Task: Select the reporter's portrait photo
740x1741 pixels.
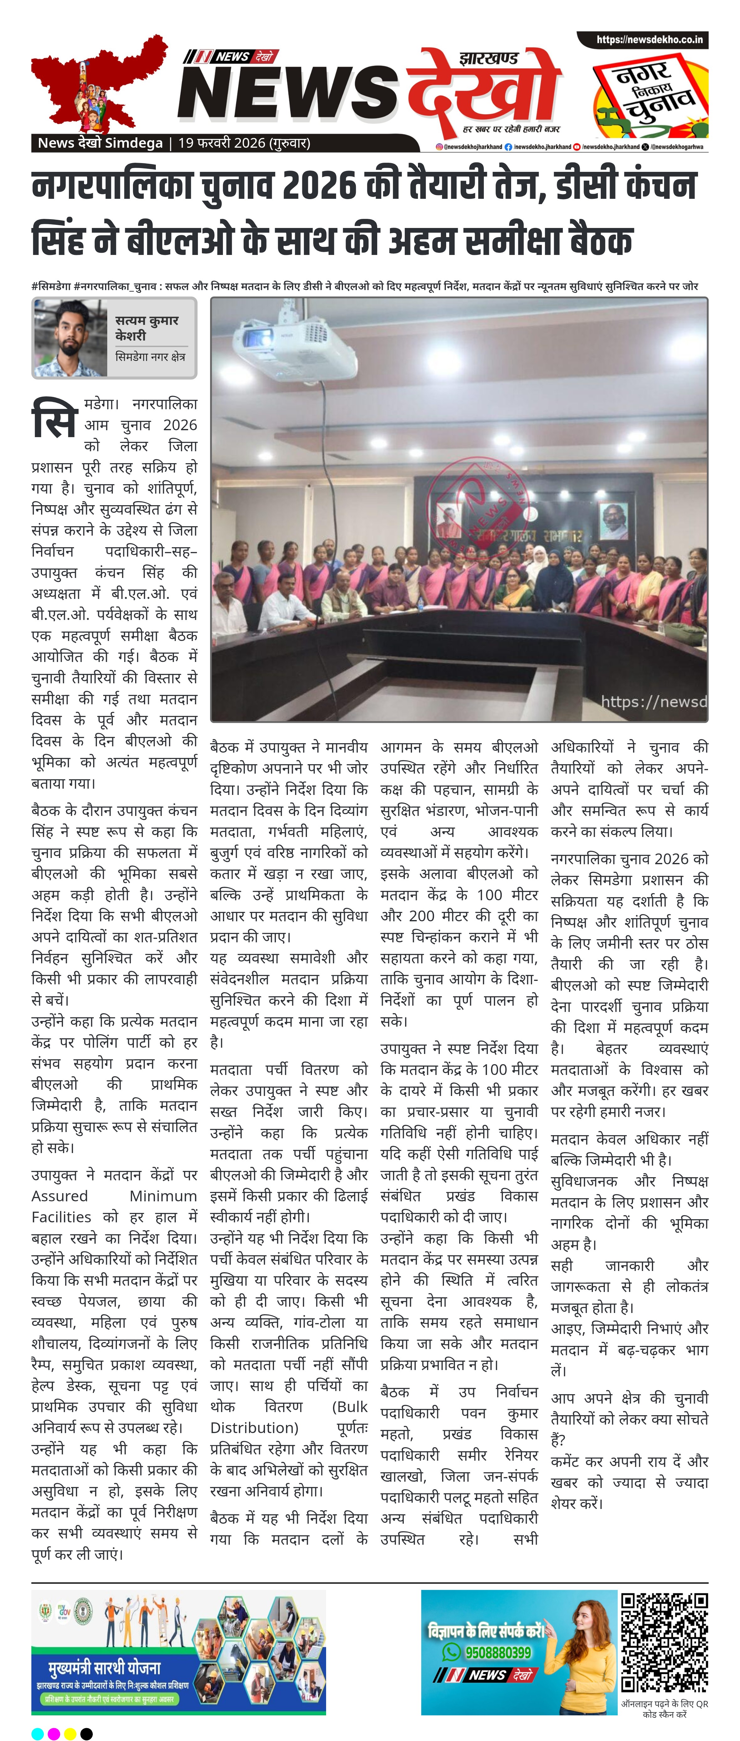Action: (69, 338)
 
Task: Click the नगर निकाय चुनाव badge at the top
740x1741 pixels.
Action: (650, 95)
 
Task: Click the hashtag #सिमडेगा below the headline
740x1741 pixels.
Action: (51, 286)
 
